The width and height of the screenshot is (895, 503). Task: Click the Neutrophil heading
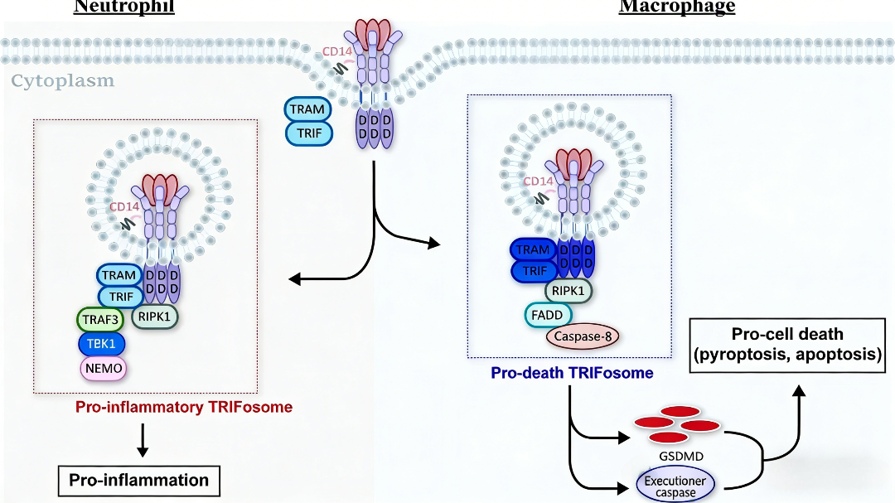pyautogui.click(x=124, y=7)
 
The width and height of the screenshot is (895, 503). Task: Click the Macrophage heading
pyautogui.click(x=677, y=7)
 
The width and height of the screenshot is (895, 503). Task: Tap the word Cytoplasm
pyautogui.click(x=63, y=81)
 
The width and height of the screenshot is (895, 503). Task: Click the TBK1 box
pyautogui.click(x=104, y=343)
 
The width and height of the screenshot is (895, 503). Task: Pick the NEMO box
pyautogui.click(x=104, y=367)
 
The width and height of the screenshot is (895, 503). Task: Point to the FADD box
pyautogui.click(x=546, y=316)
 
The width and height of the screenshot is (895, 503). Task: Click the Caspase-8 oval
pyautogui.click(x=583, y=336)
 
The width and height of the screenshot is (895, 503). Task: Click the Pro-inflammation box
pyautogui.click(x=138, y=480)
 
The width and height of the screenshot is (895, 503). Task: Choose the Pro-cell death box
pyautogui.click(x=787, y=346)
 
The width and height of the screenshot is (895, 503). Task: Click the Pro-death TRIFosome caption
pyautogui.click(x=572, y=373)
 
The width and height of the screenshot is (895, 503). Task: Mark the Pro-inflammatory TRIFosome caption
pyautogui.click(x=184, y=407)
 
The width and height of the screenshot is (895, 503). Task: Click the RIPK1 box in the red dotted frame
pyautogui.click(x=155, y=315)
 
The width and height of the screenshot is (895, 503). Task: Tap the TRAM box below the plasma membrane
pyautogui.click(x=308, y=109)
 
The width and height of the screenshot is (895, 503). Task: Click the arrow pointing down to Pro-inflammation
pyautogui.click(x=142, y=439)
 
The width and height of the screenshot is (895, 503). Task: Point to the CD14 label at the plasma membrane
pyautogui.click(x=336, y=51)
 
